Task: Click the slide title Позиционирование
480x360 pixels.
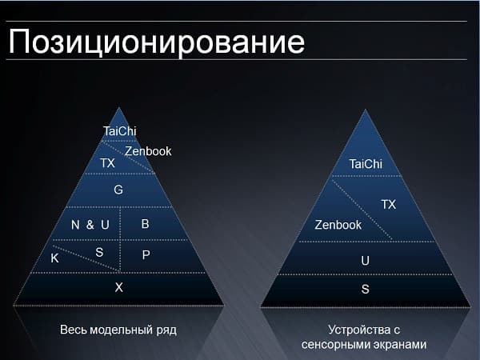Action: (157, 42)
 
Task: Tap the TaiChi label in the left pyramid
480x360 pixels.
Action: (120, 131)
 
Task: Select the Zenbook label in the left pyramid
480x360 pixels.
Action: (148, 151)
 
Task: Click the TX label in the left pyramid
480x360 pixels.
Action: (107, 163)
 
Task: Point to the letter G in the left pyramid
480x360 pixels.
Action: (118, 190)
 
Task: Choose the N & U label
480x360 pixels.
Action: (90, 225)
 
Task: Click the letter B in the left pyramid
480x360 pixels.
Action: (146, 224)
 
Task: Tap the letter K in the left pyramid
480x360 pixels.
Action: (54, 258)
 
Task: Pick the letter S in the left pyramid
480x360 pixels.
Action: (99, 252)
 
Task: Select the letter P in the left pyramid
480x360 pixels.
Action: (146, 254)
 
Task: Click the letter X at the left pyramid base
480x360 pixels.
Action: (118, 287)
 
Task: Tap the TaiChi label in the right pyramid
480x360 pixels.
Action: (366, 165)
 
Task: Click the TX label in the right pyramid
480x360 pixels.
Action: (388, 205)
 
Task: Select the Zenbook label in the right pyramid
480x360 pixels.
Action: (338, 225)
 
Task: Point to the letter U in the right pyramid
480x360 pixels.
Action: (366, 261)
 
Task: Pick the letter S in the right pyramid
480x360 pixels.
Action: (366, 289)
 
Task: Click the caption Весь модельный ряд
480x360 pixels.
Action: (118, 330)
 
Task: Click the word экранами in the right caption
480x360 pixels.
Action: (394, 344)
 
